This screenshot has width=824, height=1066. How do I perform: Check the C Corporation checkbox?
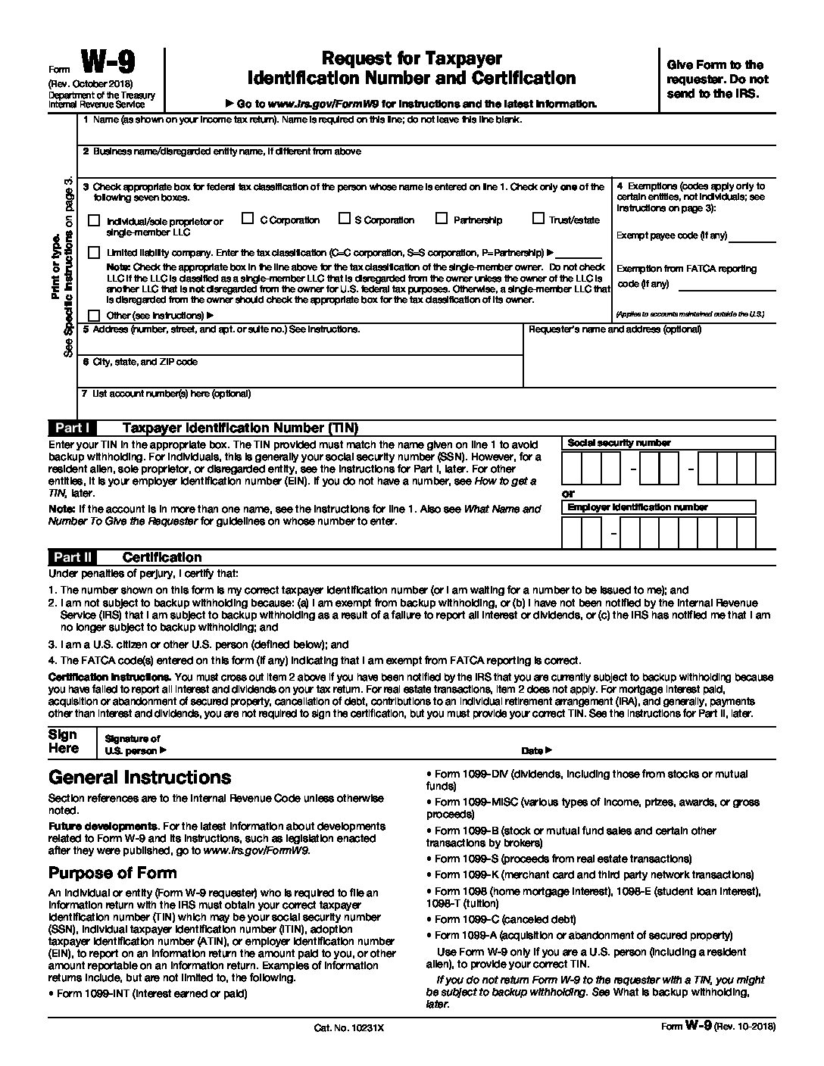(x=247, y=220)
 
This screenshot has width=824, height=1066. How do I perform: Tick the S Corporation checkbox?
(x=344, y=220)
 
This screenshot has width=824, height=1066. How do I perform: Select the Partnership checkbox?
(x=441, y=220)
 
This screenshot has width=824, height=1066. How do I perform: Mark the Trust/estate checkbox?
(x=538, y=220)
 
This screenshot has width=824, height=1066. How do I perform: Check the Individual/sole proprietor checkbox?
(x=94, y=221)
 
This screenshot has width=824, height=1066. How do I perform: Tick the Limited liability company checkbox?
(x=94, y=252)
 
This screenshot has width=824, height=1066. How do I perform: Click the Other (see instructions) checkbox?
(x=94, y=315)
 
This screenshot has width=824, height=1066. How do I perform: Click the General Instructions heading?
(x=139, y=778)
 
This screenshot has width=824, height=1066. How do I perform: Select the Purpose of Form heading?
(x=112, y=872)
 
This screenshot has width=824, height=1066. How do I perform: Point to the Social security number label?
(x=619, y=443)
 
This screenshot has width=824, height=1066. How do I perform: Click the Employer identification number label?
(x=638, y=507)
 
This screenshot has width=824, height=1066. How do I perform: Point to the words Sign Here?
(x=63, y=742)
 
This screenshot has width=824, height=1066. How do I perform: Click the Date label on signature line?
(x=533, y=751)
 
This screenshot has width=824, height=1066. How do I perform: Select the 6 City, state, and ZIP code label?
(x=140, y=362)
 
